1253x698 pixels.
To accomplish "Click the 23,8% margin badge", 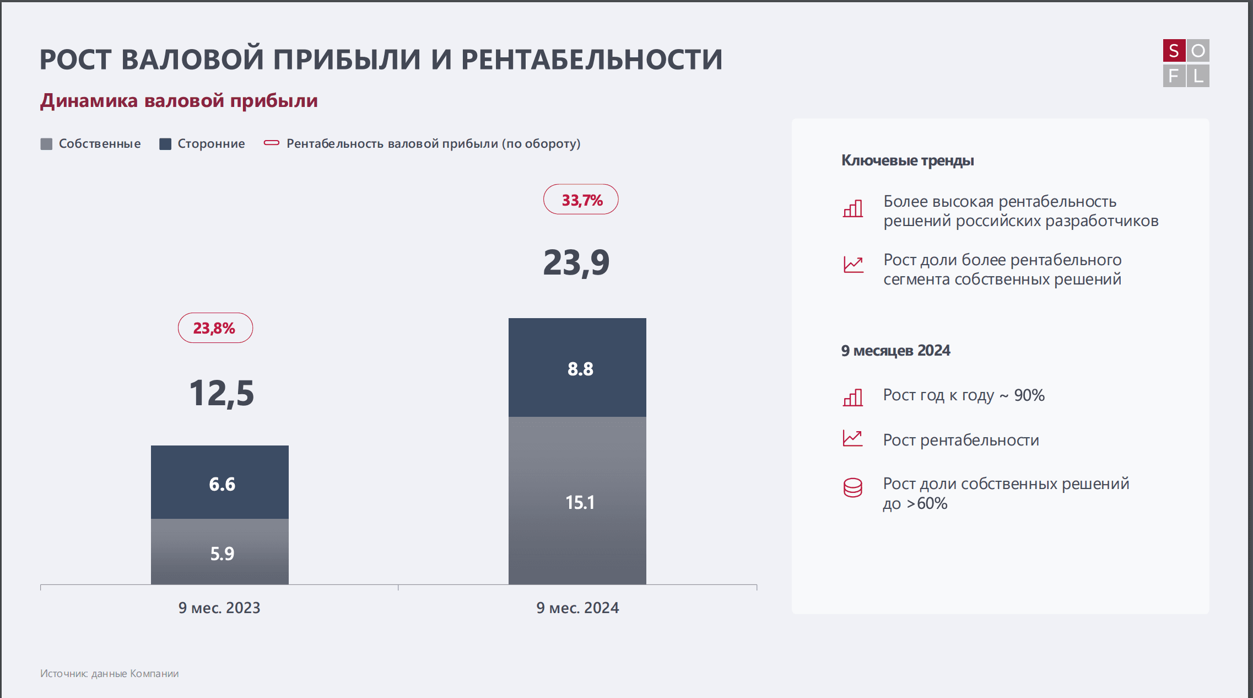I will [x=215, y=328].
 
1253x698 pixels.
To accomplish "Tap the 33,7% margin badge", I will [x=581, y=200].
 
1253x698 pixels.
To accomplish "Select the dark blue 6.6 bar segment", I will [x=220, y=482].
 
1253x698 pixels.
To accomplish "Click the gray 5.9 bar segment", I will [x=220, y=551].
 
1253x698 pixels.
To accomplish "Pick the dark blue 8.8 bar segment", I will [x=577, y=367].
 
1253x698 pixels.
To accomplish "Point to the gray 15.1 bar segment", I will [x=577, y=500].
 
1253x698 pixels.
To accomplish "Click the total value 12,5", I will [x=222, y=394].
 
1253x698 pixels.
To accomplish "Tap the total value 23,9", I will [x=576, y=262].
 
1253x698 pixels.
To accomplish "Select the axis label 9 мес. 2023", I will [x=219, y=608].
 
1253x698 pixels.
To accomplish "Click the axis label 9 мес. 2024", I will [x=577, y=608].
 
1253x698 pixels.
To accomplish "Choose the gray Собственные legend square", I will [x=46, y=144].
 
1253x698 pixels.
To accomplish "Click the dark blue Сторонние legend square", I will [x=165, y=144].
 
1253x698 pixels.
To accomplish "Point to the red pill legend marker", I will [x=272, y=143].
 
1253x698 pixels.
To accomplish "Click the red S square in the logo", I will [x=1174, y=51].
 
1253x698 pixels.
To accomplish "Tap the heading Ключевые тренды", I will [x=908, y=160].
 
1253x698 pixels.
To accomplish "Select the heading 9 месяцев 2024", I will [x=895, y=351].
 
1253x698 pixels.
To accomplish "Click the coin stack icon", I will [x=853, y=487].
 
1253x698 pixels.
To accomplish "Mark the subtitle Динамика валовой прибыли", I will [x=179, y=101].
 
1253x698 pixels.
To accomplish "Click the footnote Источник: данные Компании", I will [x=109, y=673].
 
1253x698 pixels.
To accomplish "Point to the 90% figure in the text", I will [x=1029, y=395].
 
